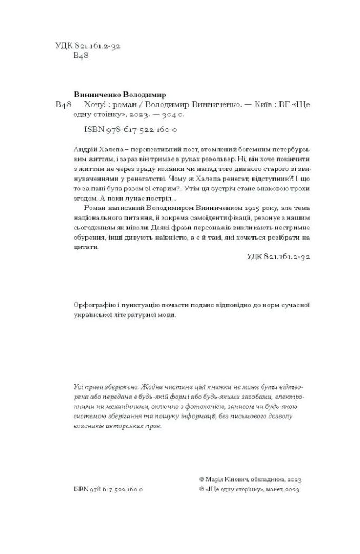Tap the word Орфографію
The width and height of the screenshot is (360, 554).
[94, 304]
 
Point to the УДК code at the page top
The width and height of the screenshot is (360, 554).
[88, 47]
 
